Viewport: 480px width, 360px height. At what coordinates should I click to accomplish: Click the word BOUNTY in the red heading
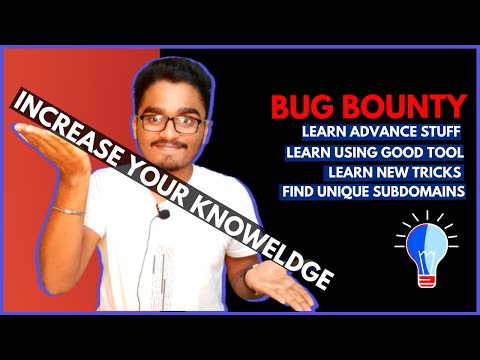410,107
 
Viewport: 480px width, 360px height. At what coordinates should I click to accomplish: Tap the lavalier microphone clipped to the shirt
160,212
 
